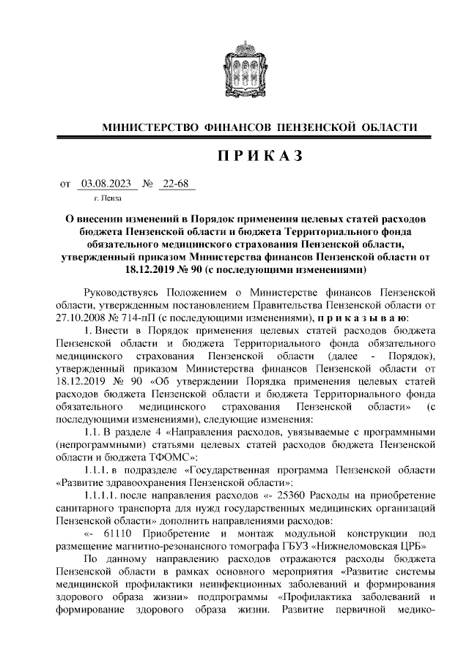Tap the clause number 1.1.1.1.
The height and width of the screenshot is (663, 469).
(100, 495)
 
